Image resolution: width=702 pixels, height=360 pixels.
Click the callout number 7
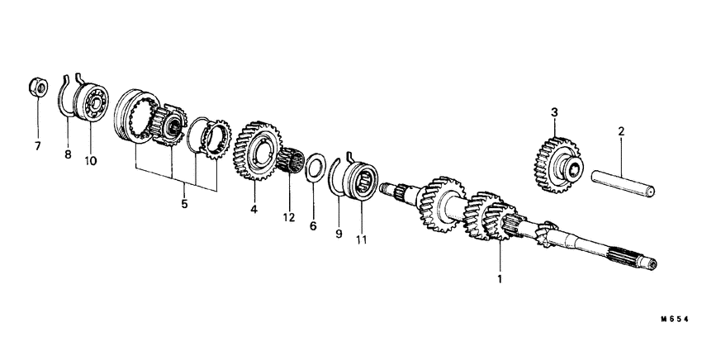[x=36, y=147]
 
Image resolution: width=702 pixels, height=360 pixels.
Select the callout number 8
[x=69, y=154]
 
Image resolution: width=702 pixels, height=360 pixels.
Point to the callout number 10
[x=91, y=160]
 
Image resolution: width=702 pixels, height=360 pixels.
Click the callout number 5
[x=184, y=203]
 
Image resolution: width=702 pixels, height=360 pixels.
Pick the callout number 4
[x=254, y=210]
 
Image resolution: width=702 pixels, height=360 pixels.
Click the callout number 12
[x=289, y=218]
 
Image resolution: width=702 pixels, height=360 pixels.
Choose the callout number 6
[x=313, y=225]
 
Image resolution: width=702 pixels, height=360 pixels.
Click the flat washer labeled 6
[x=314, y=169]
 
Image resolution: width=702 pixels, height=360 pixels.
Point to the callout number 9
[x=338, y=233]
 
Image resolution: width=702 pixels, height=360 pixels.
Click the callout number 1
[x=499, y=278]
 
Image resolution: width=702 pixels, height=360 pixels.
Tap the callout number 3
[x=554, y=111]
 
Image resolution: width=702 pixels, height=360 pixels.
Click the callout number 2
[x=621, y=130]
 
